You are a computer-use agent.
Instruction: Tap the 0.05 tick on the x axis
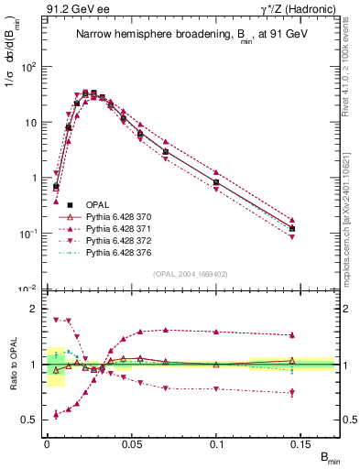coord(131,442)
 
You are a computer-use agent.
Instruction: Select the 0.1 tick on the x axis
coord(217,442)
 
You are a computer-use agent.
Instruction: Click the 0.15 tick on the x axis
coord(302,442)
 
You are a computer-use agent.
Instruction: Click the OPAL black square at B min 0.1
coord(216,183)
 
